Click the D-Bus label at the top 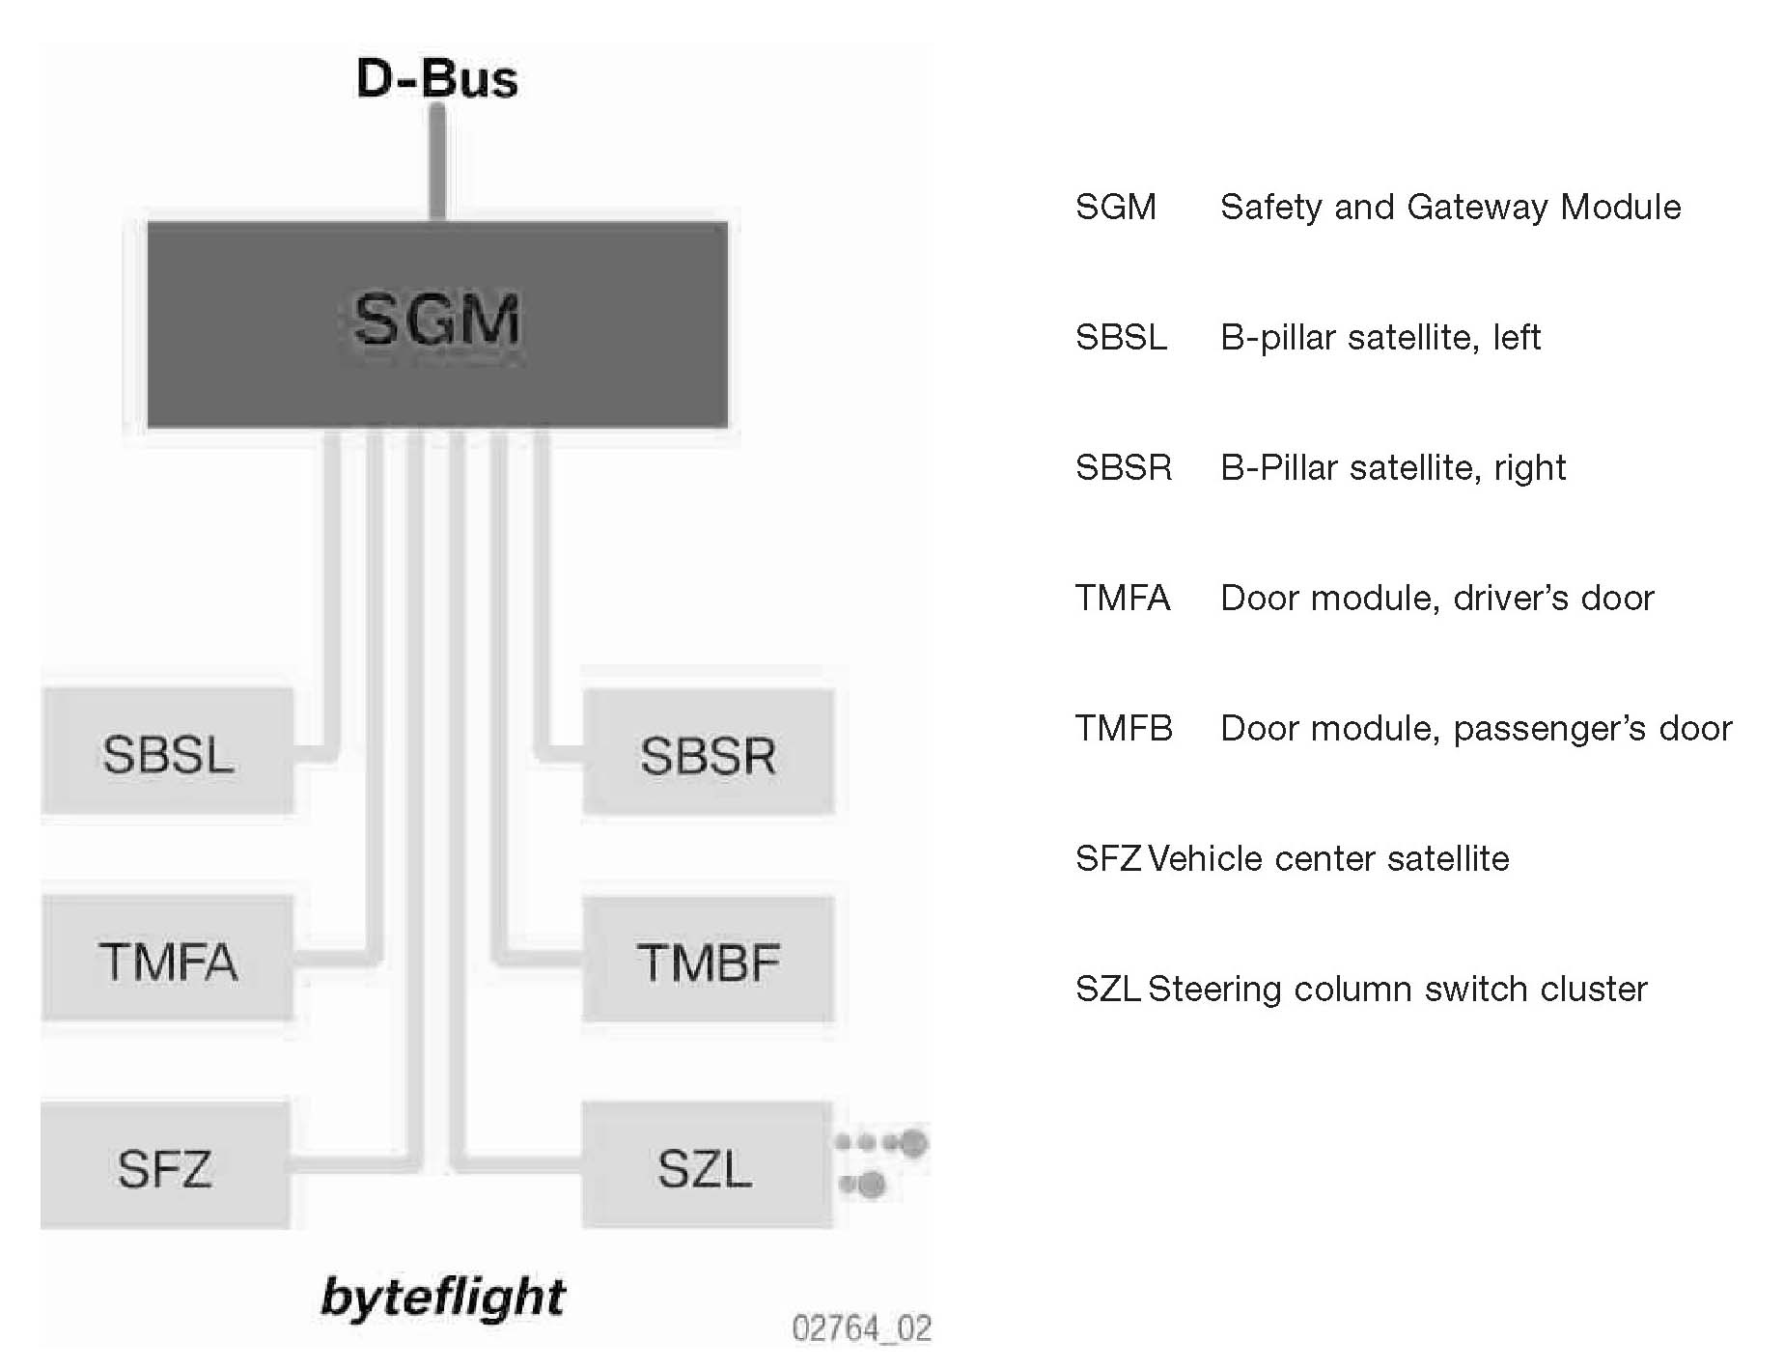click(x=436, y=78)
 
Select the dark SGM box click(x=437, y=324)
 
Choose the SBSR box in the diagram click(x=708, y=754)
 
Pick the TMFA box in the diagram click(x=168, y=960)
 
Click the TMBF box click(x=708, y=961)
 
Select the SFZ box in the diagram click(x=165, y=1166)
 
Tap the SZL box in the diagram click(x=706, y=1166)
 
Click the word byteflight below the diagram click(x=443, y=1297)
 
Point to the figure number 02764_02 click(x=861, y=1328)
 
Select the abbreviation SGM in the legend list click(x=1116, y=207)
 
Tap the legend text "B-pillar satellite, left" click(x=1380, y=337)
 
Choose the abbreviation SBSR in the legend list click(x=1124, y=467)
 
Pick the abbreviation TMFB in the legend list click(x=1124, y=728)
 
